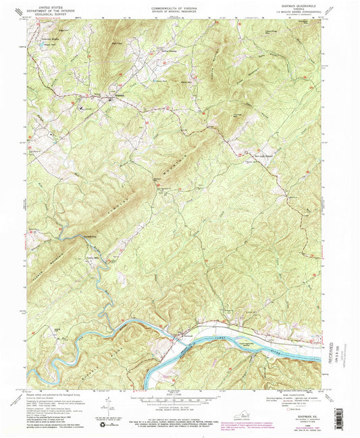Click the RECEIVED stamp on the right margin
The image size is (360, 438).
pyautogui.click(x=346, y=345)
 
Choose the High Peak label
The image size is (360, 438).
pyautogui.click(x=115, y=43)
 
